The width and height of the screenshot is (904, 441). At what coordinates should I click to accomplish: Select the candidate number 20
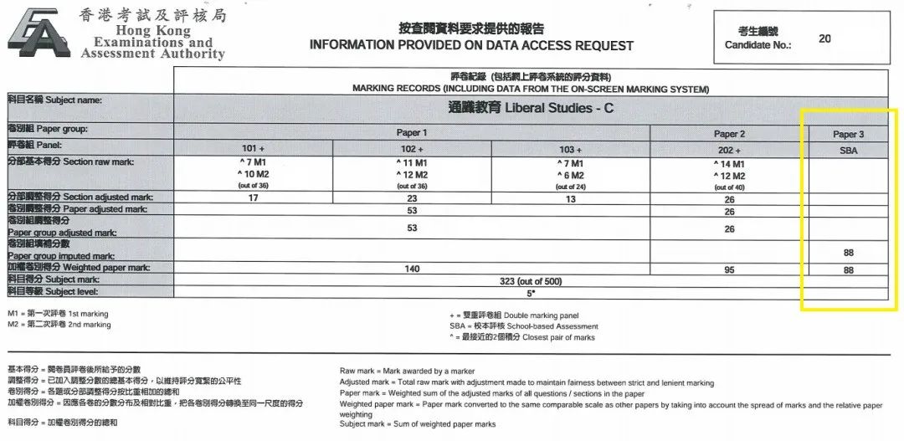(x=824, y=38)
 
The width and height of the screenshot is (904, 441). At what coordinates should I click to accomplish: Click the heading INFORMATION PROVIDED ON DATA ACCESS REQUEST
(x=471, y=45)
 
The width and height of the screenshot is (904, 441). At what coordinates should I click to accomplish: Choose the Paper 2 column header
(x=730, y=134)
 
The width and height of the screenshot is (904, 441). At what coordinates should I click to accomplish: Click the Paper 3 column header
(x=849, y=134)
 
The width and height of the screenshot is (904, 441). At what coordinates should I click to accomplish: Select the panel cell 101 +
(x=253, y=148)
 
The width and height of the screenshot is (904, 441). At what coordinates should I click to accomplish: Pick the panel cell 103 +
(x=570, y=148)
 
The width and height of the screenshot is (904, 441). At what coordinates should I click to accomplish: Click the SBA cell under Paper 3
(x=849, y=148)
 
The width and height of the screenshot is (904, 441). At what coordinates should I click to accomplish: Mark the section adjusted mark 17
(x=253, y=199)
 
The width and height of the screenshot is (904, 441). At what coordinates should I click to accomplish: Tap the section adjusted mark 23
(x=412, y=199)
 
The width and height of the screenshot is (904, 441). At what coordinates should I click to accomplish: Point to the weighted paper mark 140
(x=412, y=269)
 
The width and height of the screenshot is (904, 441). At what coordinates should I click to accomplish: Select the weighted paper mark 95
(x=730, y=269)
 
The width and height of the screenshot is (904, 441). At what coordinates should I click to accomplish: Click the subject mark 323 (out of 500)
(x=529, y=281)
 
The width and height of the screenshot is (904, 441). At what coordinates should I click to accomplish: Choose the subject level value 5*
(x=529, y=293)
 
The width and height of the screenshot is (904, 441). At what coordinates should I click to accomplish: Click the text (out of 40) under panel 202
(x=729, y=187)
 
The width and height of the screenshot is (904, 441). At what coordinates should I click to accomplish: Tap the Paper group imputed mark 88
(x=849, y=252)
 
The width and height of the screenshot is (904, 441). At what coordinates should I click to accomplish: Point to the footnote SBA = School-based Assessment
(x=524, y=326)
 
